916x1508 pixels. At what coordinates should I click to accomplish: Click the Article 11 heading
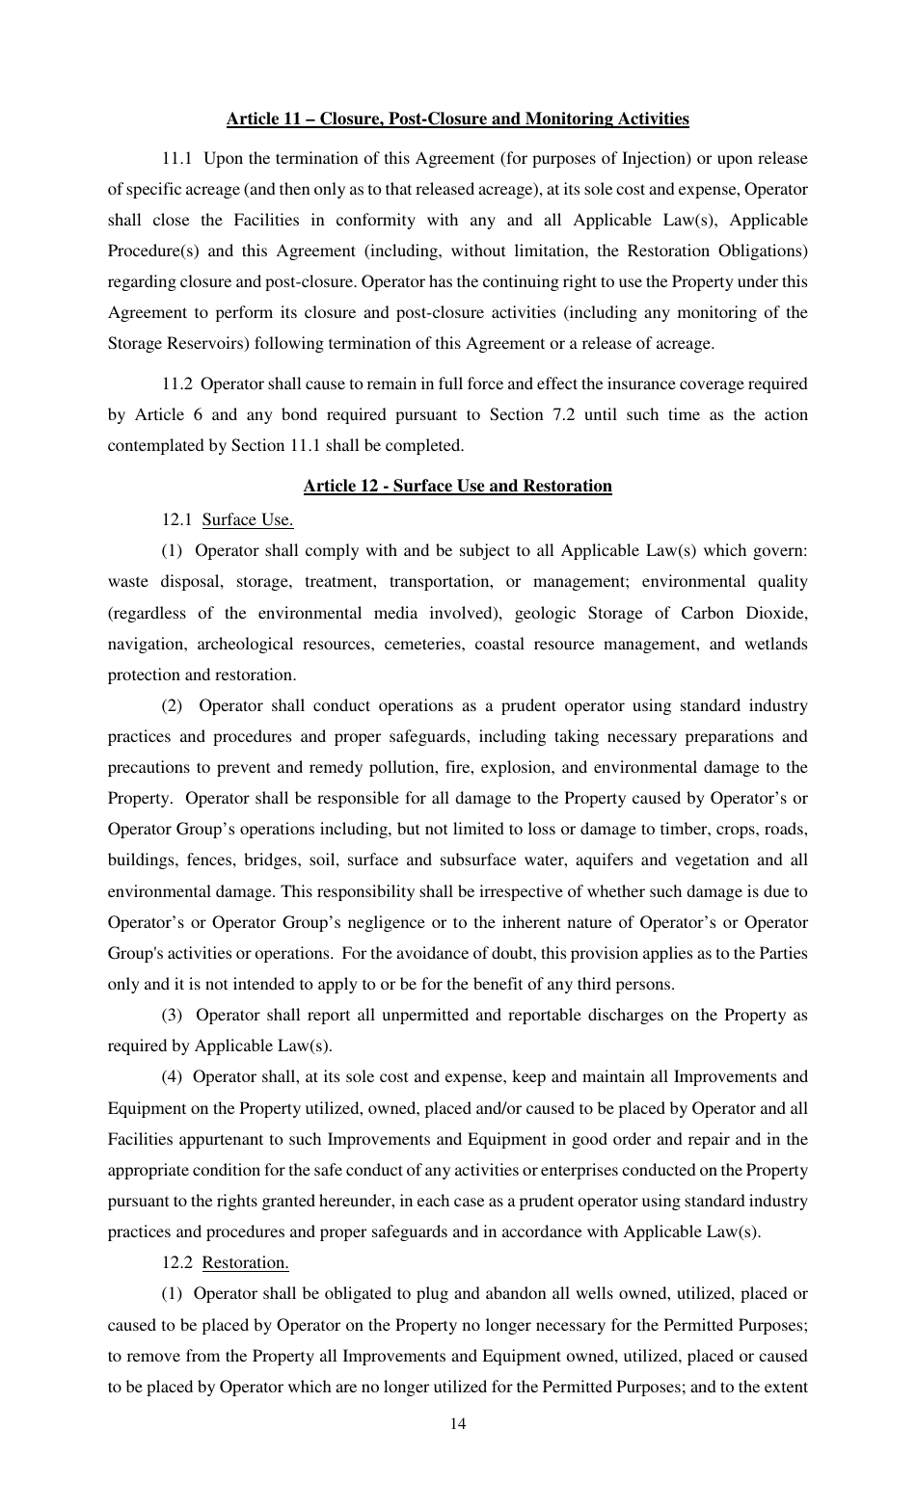click(457, 119)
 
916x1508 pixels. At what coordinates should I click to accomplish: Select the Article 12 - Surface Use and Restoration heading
click(457, 486)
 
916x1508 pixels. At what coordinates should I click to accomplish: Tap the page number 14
click(457, 1424)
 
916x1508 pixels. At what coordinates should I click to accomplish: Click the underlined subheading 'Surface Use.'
click(247, 520)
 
